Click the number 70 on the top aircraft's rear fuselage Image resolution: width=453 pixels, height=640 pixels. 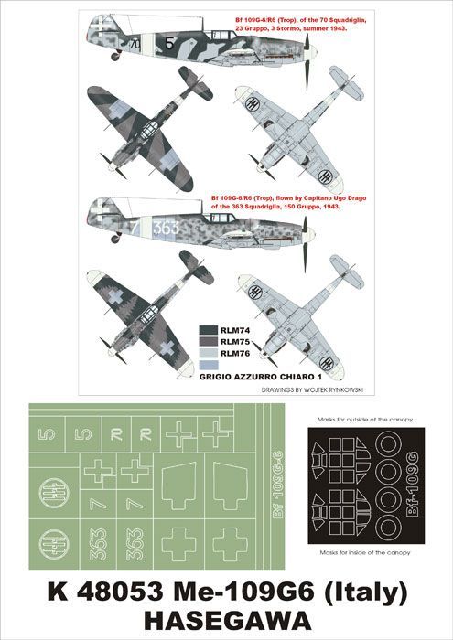tap(135, 42)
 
